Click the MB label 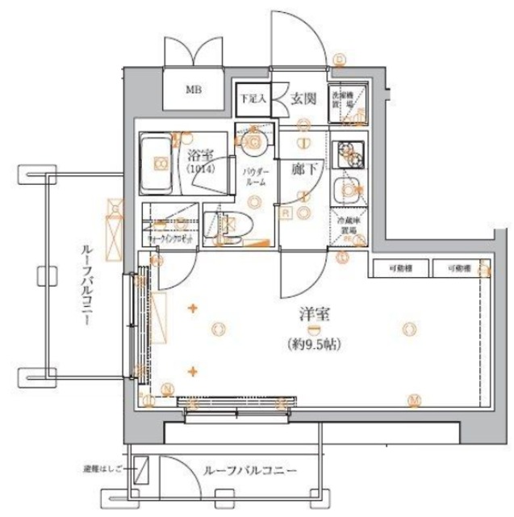coord(194,89)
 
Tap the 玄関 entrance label coord(303,99)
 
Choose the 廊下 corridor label coord(303,170)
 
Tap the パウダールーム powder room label coord(253,177)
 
